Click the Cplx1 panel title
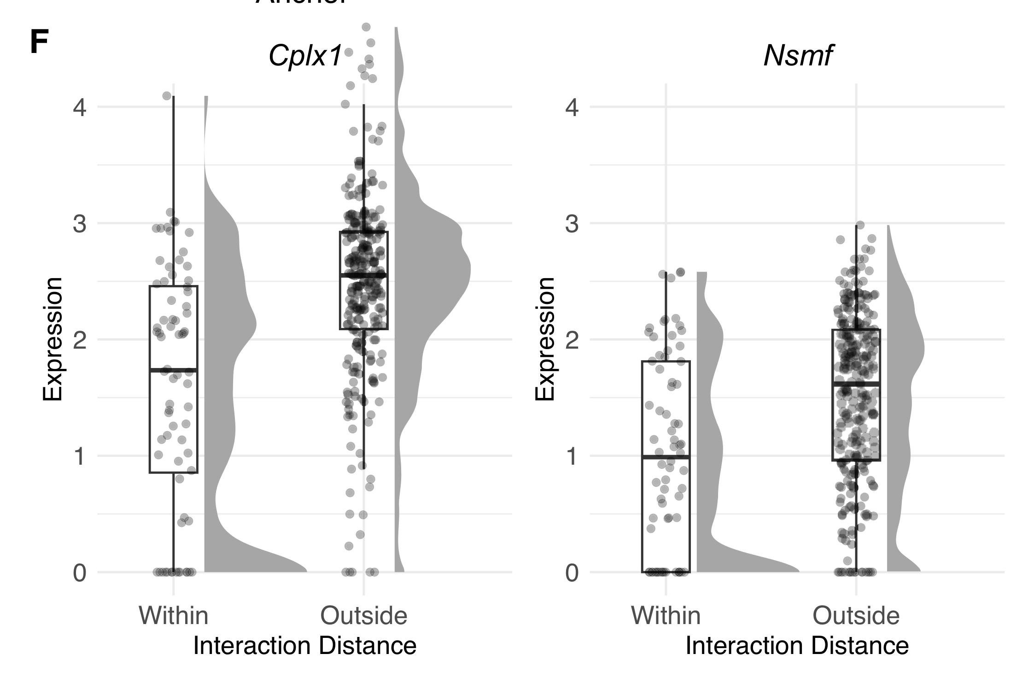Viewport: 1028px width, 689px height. point(305,56)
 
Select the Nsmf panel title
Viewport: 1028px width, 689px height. point(798,56)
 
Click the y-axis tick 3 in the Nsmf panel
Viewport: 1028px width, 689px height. point(572,224)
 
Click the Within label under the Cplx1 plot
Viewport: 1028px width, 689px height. point(174,615)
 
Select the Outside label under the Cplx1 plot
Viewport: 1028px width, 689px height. point(363,615)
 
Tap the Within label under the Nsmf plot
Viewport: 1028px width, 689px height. point(666,615)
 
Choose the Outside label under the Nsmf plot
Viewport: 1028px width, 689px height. point(856,615)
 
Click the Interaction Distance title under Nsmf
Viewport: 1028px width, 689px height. point(797,646)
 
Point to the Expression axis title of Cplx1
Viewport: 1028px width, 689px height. point(52,339)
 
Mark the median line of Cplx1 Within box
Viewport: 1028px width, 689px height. point(174,370)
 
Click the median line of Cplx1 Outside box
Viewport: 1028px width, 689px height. point(363,275)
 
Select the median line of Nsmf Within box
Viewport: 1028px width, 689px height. point(666,457)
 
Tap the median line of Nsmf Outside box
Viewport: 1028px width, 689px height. point(856,383)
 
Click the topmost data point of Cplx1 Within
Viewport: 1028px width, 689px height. point(167,96)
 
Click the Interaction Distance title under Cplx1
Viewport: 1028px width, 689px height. point(304,646)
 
